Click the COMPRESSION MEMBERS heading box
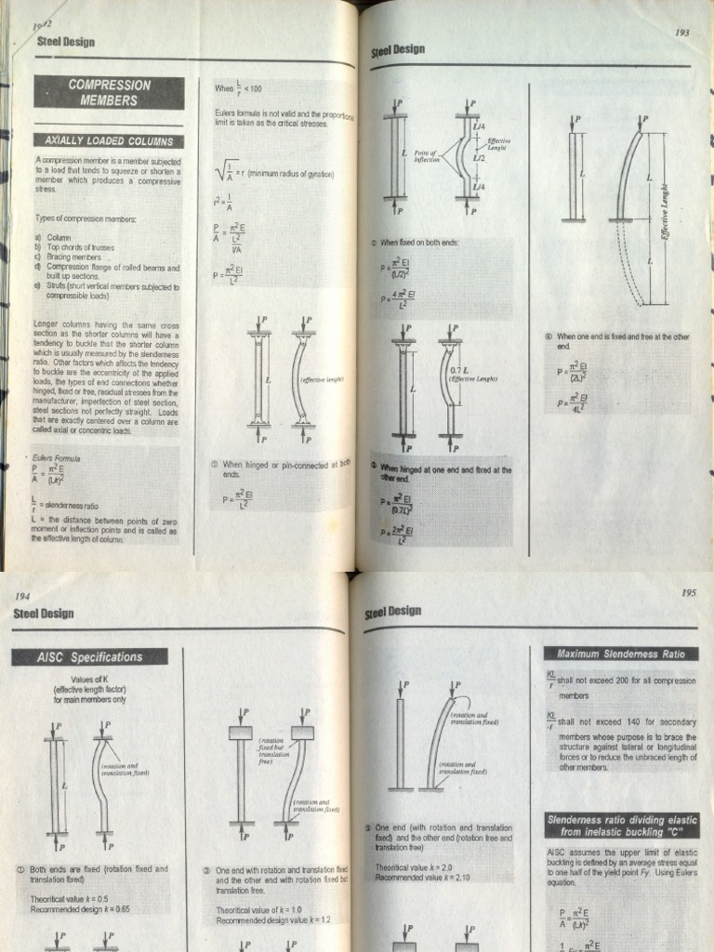click(109, 91)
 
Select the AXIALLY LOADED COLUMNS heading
click(109, 140)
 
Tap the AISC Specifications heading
click(89, 656)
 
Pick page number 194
click(22, 595)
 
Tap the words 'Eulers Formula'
click(56, 458)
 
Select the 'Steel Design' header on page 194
click(43, 614)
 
